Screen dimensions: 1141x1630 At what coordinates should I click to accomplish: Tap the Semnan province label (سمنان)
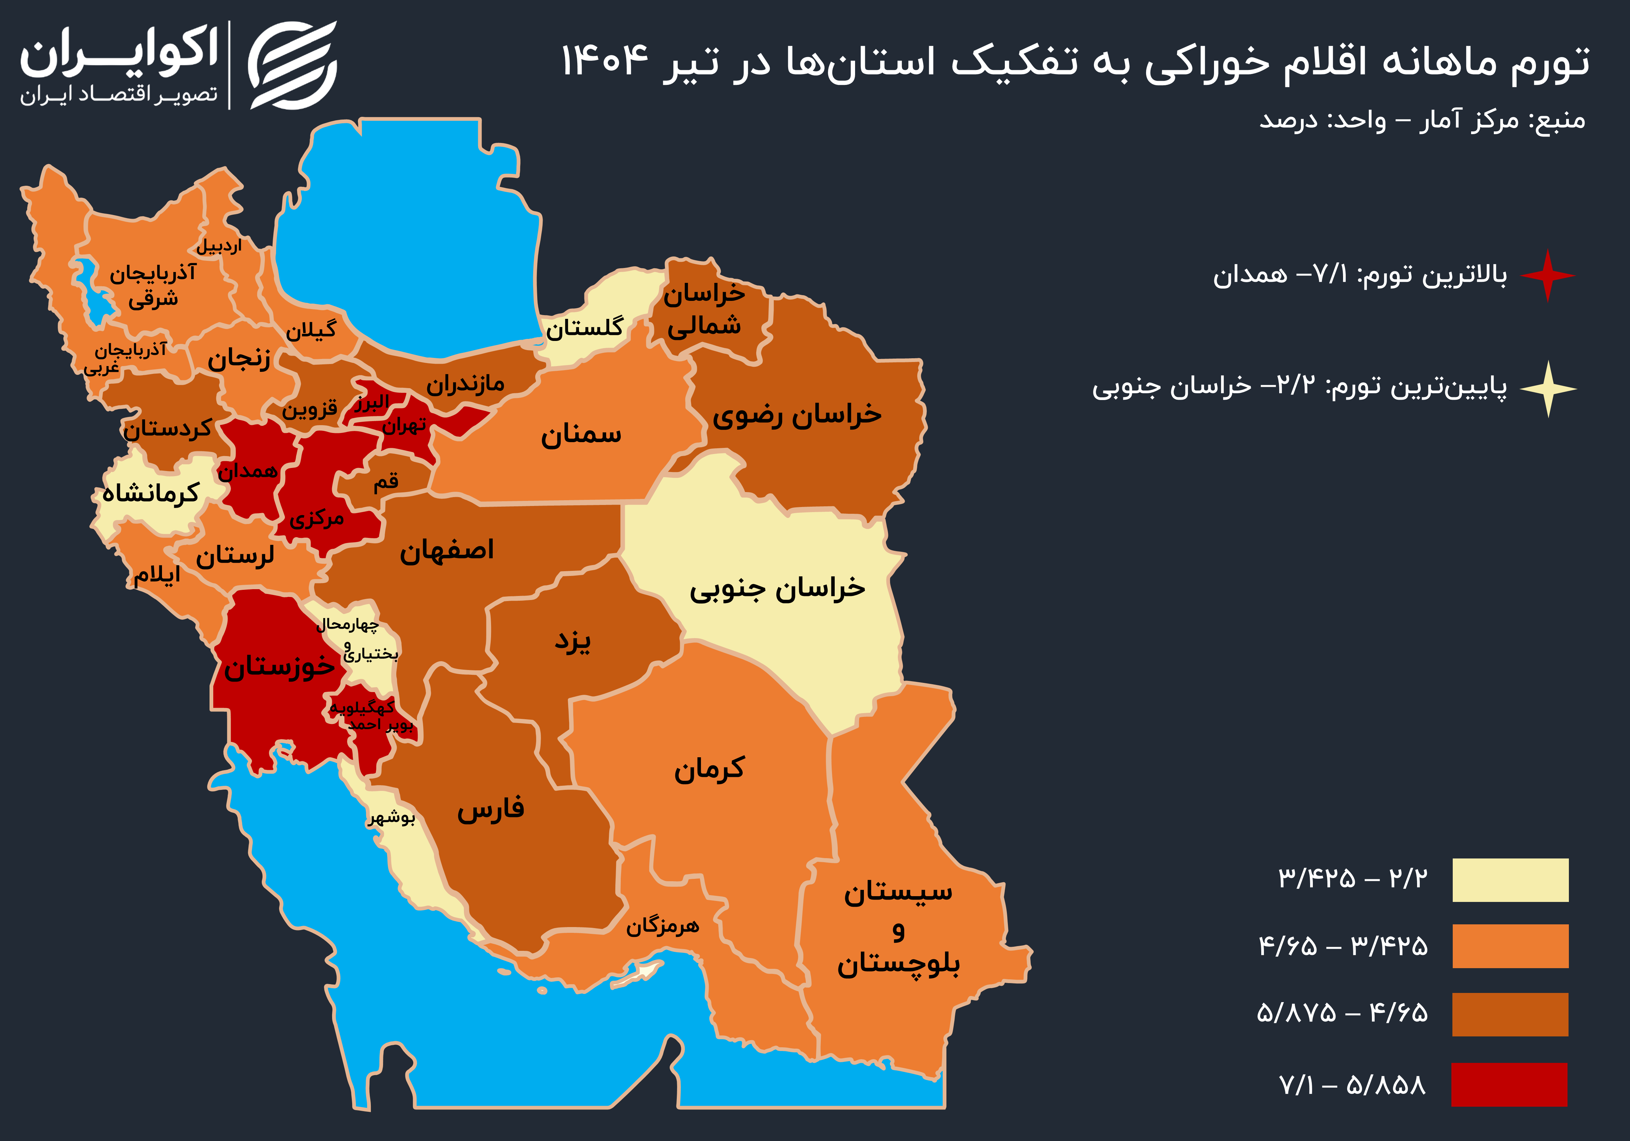coord(581,435)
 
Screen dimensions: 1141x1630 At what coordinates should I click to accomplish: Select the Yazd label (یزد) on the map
coord(572,641)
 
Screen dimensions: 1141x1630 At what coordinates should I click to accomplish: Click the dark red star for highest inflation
coord(1547,275)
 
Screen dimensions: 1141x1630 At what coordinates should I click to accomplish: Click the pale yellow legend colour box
coord(1510,880)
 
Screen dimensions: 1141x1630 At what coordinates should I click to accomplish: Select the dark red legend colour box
coord(1509,1084)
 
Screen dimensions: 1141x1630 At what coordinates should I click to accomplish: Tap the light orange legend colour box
coord(1510,946)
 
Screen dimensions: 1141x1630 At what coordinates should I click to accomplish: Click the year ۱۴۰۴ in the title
coord(605,61)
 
